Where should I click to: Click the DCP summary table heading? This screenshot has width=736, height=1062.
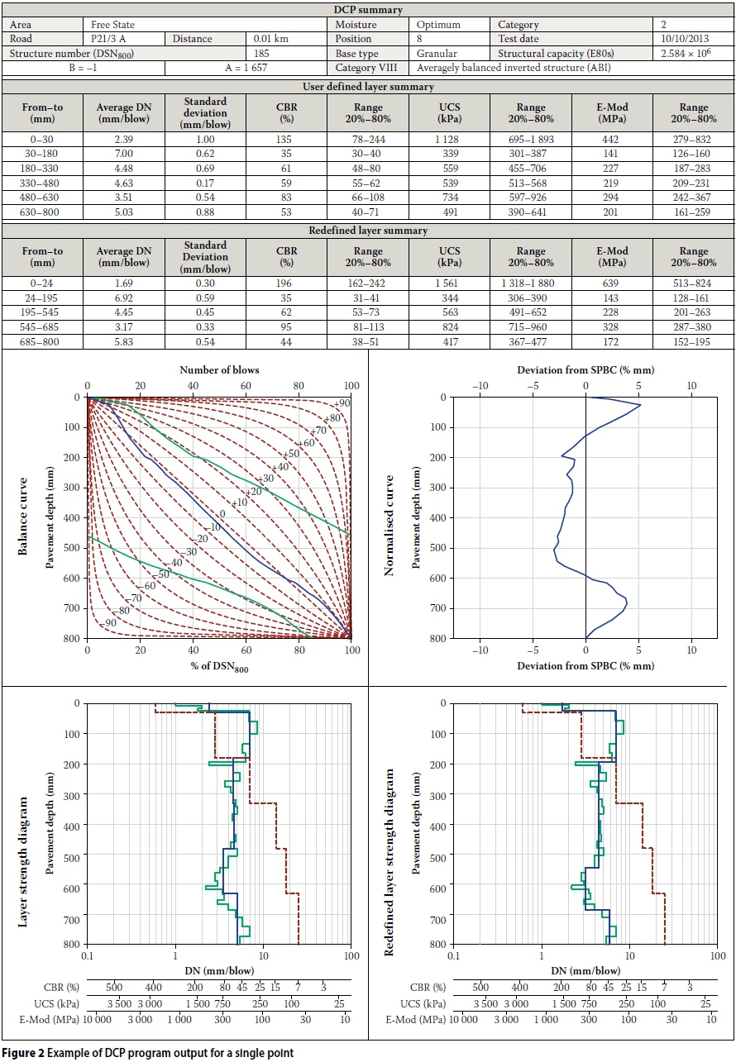point(368,10)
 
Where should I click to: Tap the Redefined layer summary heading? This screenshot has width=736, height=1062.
point(368,231)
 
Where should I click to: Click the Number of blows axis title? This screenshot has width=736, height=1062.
point(219,369)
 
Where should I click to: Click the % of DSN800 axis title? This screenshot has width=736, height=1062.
point(219,669)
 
